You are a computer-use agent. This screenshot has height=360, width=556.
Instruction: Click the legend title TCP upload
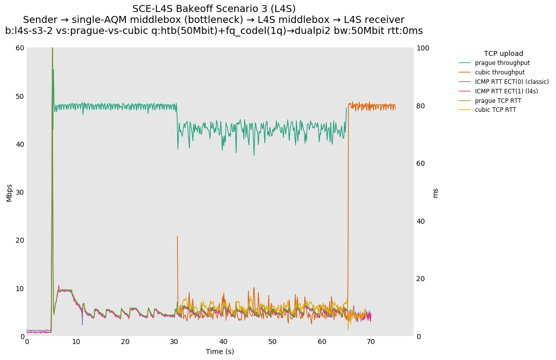(x=504, y=53)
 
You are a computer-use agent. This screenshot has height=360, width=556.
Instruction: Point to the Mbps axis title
(x=9, y=192)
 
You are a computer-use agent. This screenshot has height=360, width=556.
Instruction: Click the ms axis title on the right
(x=435, y=193)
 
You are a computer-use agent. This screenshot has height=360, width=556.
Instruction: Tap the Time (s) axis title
(x=220, y=352)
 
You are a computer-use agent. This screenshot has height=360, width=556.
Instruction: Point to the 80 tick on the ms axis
(x=421, y=106)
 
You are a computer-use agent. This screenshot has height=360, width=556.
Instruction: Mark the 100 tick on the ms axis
(x=423, y=48)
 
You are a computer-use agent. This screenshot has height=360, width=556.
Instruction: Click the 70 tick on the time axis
(x=371, y=342)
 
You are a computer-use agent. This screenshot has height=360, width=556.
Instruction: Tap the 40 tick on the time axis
(x=223, y=342)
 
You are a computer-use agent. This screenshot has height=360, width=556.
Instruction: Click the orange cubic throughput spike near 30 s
(x=177, y=250)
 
